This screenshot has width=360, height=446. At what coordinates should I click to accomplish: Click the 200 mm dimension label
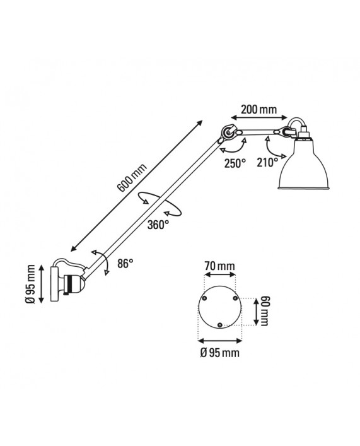coord(259,110)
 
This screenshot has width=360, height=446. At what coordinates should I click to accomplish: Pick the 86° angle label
coord(125,264)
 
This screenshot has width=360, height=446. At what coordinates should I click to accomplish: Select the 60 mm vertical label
coord(265,311)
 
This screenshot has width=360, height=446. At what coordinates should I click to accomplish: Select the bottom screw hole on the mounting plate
coord(218,324)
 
